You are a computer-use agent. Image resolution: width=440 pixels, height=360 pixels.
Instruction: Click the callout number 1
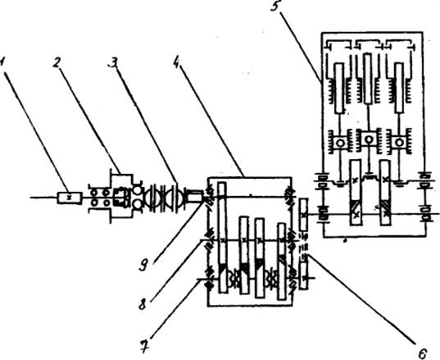coord(2,62)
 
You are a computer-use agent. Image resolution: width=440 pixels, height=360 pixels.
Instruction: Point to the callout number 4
coord(176,61)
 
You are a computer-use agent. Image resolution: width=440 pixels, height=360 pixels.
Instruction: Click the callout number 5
coord(275,7)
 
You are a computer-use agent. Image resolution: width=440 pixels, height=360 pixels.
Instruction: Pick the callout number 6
coord(422,353)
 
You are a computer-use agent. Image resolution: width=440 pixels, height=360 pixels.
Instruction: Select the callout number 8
coord(143,304)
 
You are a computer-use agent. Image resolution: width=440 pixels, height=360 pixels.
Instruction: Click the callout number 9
coord(143,266)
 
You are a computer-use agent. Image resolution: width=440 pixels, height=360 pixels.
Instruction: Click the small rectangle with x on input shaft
coord(70,198)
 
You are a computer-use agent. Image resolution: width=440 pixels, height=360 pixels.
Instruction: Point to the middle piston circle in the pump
coord(369,139)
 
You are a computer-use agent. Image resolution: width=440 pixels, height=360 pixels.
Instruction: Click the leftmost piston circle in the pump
coord(340,143)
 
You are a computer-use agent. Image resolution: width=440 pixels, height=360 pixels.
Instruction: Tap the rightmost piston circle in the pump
coord(399,143)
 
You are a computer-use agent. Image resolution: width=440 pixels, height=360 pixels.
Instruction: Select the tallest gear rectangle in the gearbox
coord(222,238)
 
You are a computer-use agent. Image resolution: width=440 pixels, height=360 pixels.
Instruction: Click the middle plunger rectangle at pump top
coord(369,78)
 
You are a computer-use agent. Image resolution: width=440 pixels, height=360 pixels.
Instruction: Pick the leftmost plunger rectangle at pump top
coord(339,89)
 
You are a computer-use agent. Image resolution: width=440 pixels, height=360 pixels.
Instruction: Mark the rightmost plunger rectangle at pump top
coord(399,88)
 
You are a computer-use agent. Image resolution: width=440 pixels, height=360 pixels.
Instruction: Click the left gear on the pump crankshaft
coord(356,193)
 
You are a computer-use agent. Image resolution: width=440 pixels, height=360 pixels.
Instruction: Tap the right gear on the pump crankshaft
coord(385,193)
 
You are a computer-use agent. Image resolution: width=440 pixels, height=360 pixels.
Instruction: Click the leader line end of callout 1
coord(68,193)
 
